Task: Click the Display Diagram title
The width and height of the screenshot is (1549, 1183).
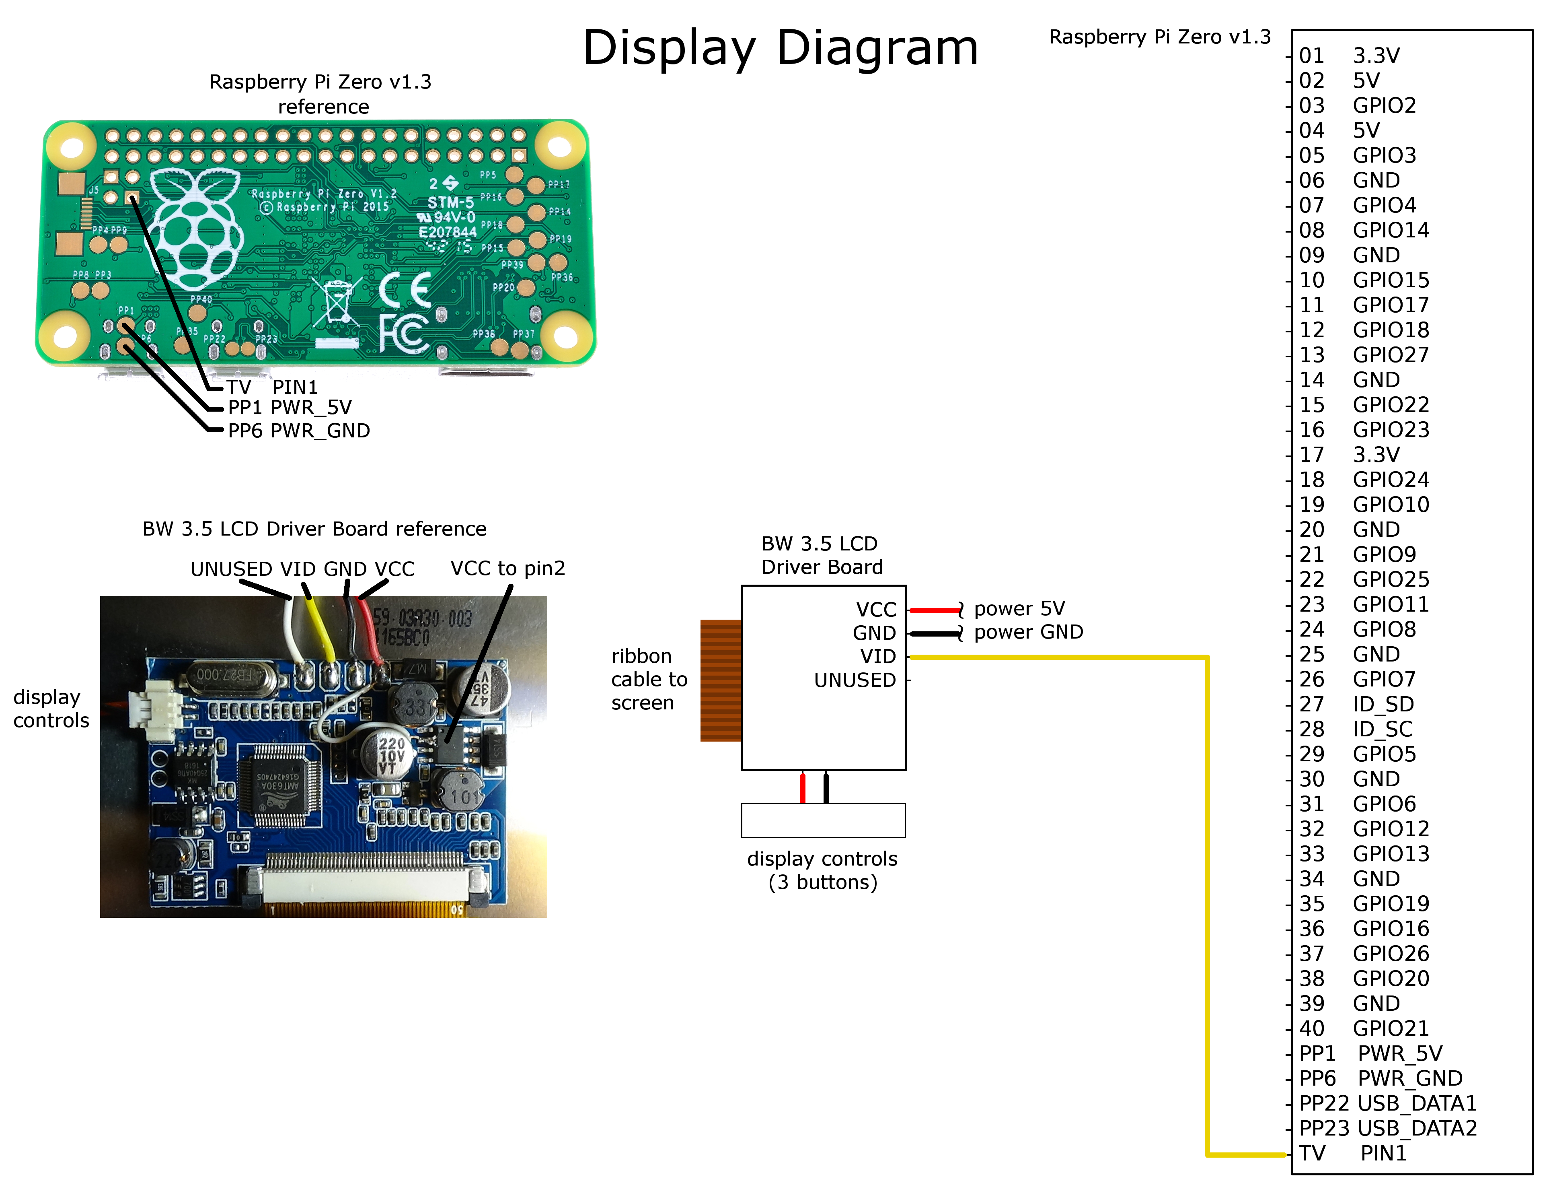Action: [x=780, y=48]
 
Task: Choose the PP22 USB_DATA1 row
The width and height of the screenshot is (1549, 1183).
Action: [x=1387, y=1103]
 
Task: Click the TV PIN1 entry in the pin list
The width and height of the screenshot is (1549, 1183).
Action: [x=1351, y=1153]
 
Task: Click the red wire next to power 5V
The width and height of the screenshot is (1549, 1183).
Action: [x=934, y=610]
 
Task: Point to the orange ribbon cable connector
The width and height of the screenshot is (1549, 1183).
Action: [x=720, y=680]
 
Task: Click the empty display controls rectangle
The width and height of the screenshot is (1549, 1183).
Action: [x=823, y=820]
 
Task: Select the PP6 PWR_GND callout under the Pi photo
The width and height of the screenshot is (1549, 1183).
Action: [x=298, y=431]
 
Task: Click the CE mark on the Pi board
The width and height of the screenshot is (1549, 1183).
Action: [x=405, y=289]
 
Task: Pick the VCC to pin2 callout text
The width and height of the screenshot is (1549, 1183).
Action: [x=507, y=568]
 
